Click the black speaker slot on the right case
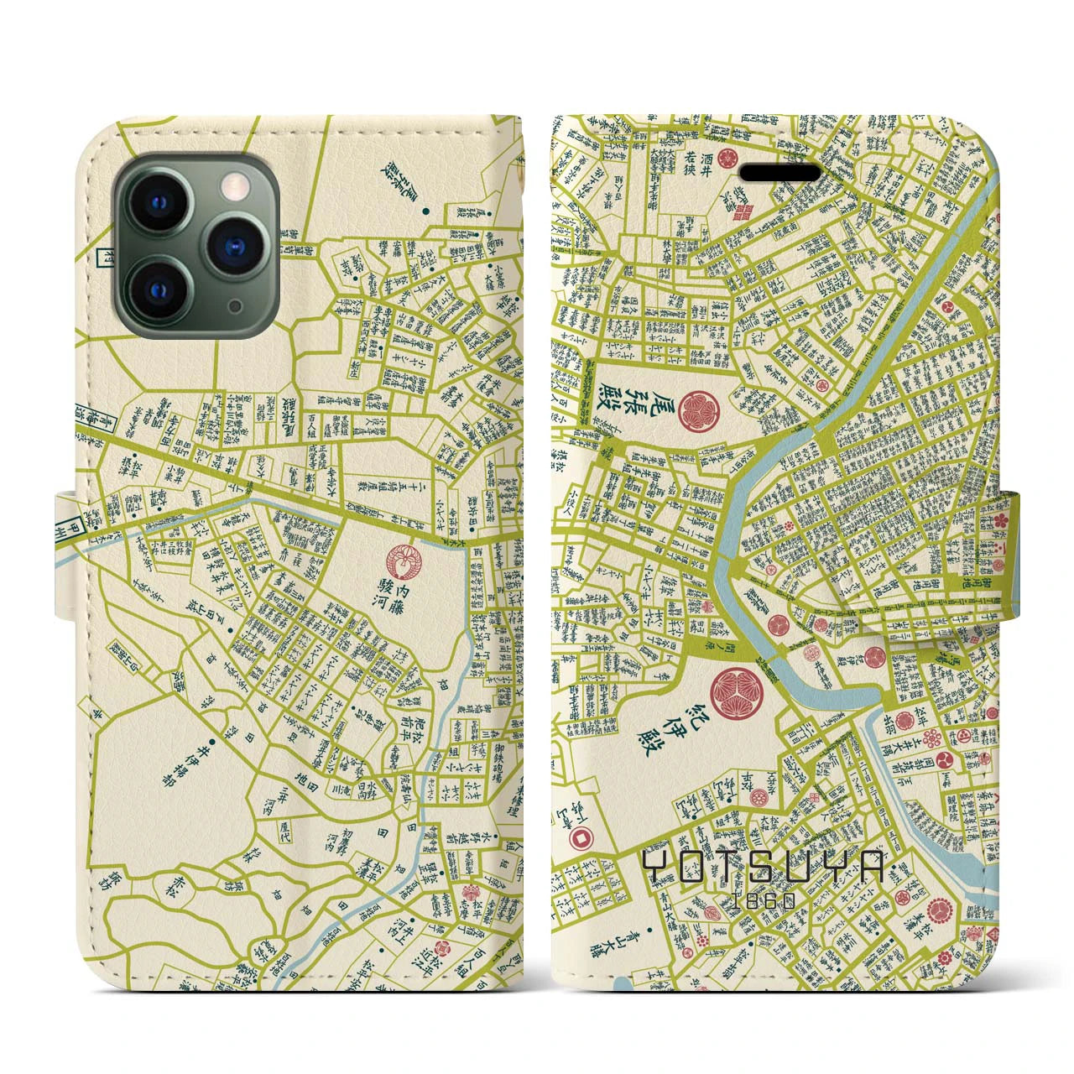pos(780,173)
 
